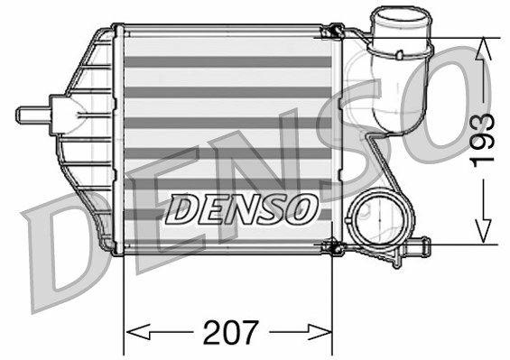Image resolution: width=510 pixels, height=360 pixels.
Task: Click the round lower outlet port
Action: (x=373, y=218)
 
